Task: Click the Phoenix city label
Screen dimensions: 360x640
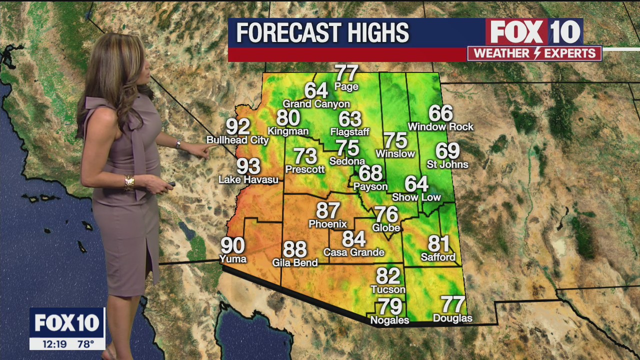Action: (327, 224)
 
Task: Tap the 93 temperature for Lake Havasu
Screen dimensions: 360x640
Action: (248, 166)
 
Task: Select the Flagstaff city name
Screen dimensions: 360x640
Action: (349, 132)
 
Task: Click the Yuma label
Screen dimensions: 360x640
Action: (233, 259)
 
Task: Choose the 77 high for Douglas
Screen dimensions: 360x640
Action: (452, 304)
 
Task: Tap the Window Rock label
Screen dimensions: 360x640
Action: (440, 127)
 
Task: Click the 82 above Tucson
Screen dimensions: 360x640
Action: (388, 276)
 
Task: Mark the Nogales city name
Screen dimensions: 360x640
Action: (389, 320)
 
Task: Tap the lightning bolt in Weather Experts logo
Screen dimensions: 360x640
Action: (534, 53)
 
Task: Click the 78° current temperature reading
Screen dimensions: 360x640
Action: (85, 344)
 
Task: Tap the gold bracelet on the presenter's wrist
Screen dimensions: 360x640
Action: (129, 182)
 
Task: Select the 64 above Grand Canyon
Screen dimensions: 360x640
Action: (316, 91)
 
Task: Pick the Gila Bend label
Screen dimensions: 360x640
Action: (295, 262)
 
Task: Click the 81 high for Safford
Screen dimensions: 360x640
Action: (438, 244)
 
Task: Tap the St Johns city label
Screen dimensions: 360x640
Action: (447, 164)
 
